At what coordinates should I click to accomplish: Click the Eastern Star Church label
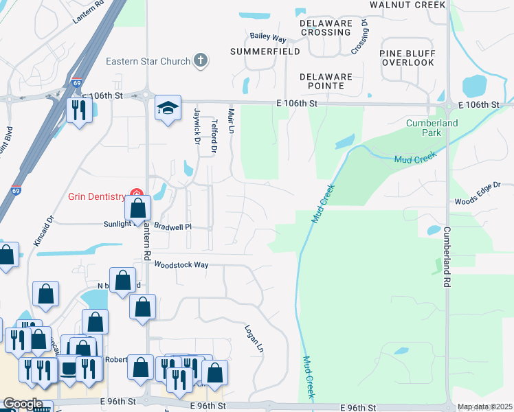tap(148, 61)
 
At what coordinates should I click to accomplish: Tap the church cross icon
tap(201, 61)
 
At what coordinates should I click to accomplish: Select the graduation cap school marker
tap(168, 108)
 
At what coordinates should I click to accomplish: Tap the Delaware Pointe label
tap(326, 81)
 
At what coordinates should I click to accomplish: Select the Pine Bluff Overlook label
tap(407, 58)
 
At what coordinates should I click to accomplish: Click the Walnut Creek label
tap(407, 5)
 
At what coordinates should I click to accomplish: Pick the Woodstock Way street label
tap(181, 264)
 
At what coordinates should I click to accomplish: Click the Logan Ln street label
tap(254, 339)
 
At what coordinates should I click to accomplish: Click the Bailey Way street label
tap(268, 37)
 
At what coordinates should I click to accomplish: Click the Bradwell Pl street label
tap(171, 225)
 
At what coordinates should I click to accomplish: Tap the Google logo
tap(23, 404)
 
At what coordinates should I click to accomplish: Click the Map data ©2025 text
tap(485, 407)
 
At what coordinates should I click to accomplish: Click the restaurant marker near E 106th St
tap(78, 110)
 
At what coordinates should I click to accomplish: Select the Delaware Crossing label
tap(325, 27)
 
